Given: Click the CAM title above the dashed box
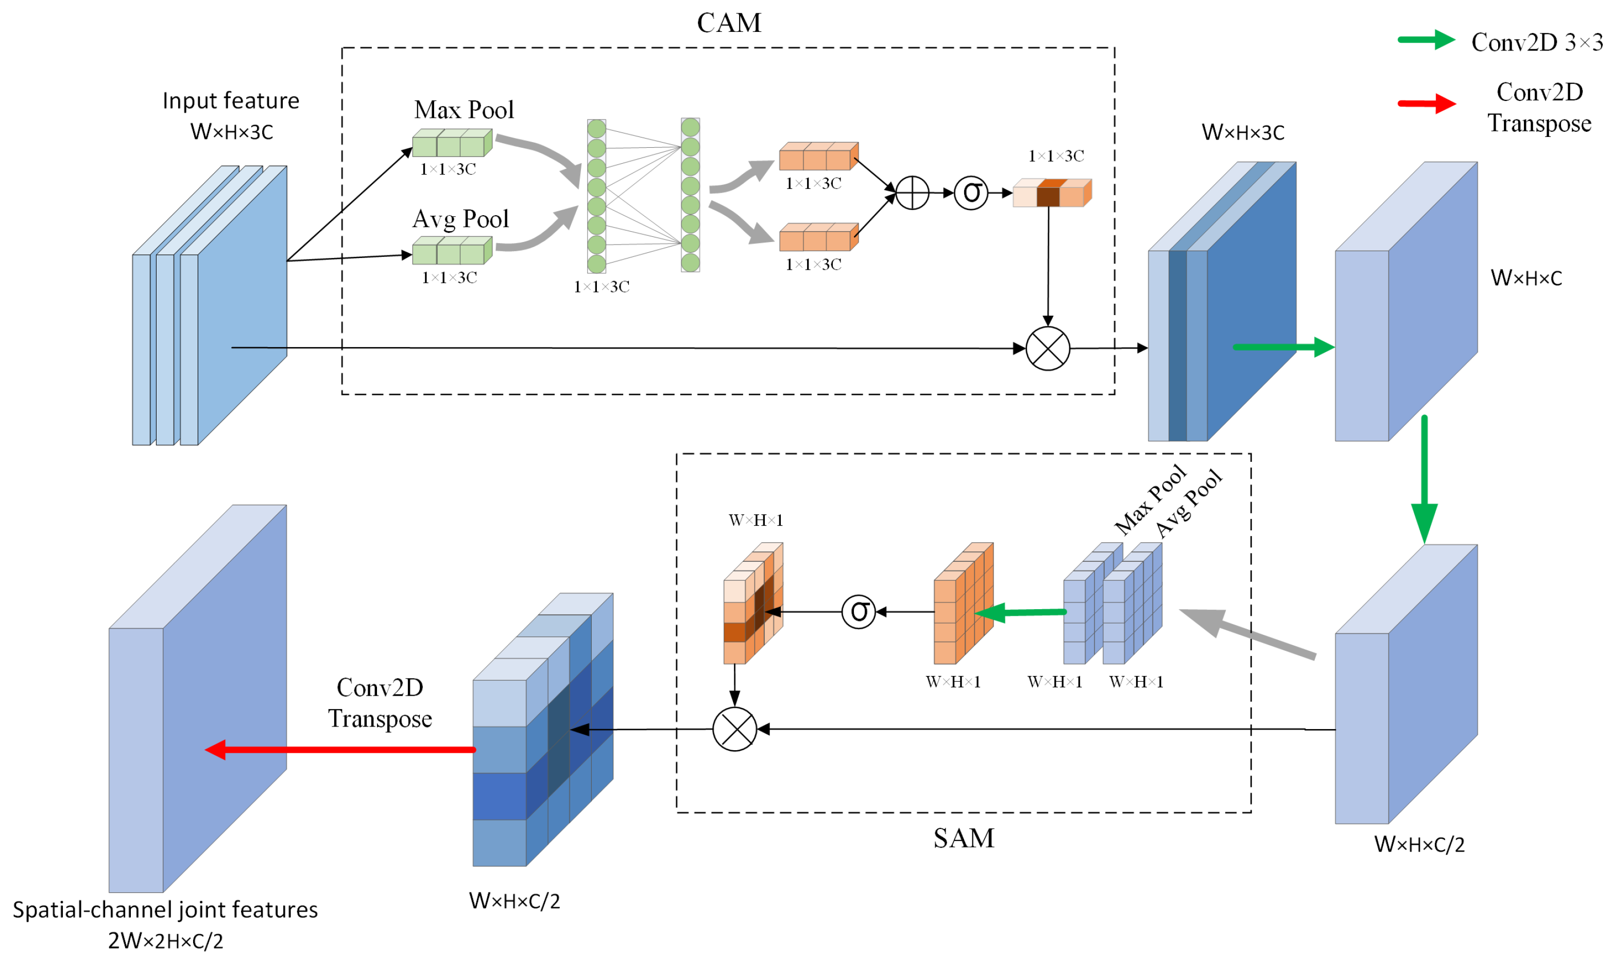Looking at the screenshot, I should pyautogui.click(x=728, y=23).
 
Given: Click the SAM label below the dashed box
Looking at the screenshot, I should pyautogui.click(x=963, y=838).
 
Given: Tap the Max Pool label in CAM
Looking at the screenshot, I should pyautogui.click(x=464, y=110).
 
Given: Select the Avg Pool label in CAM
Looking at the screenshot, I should pyautogui.click(x=460, y=218).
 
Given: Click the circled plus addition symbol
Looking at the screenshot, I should pyautogui.click(x=912, y=193).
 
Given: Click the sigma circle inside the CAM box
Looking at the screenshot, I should pyautogui.click(x=970, y=193).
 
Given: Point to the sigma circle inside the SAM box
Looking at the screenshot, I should pyautogui.click(x=858, y=611).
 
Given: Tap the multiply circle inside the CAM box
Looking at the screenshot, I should pyautogui.click(x=1047, y=348).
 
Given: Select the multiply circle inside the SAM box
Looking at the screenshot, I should pyautogui.click(x=734, y=729).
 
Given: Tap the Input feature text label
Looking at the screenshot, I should pyautogui.click(x=230, y=100).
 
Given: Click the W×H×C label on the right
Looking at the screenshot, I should pyautogui.click(x=1525, y=278).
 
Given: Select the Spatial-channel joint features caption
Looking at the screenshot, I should pyautogui.click(x=165, y=909).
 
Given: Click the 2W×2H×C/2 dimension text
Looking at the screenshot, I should pyautogui.click(x=165, y=941).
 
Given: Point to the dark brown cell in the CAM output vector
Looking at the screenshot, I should pyautogui.click(x=1047, y=195).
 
